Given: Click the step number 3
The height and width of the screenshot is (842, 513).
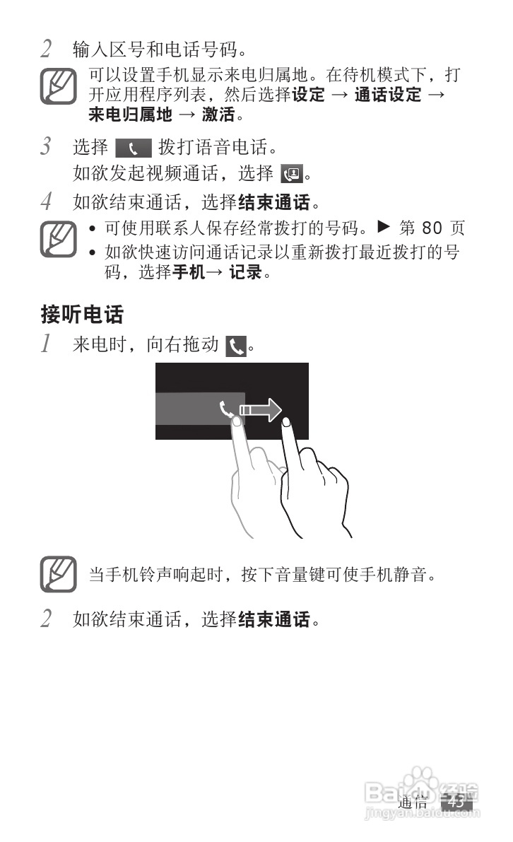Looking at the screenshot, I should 47,148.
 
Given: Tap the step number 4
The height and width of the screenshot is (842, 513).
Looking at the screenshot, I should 47,203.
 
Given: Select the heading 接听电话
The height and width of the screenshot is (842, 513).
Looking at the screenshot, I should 82,313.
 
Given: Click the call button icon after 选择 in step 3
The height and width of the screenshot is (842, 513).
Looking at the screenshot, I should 134,149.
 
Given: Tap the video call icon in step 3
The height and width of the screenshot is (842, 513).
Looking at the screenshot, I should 290,173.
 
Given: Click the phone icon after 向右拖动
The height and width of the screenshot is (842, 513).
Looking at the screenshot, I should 236,346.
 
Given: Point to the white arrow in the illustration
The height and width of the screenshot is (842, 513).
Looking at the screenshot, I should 261,410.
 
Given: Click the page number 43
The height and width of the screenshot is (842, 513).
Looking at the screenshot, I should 456,801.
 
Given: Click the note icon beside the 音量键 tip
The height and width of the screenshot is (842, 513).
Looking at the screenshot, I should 58,574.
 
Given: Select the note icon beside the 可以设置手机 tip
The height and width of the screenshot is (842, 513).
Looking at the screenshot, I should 58,86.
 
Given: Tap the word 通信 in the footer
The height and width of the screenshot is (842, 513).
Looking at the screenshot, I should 413,802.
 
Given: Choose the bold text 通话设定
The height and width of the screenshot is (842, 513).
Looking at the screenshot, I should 387,95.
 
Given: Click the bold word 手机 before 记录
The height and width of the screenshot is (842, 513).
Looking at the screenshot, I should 189,272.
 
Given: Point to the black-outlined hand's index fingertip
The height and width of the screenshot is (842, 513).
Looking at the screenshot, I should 287,423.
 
